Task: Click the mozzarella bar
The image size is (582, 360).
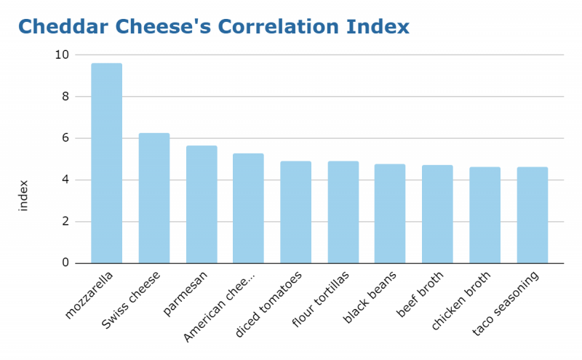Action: [106, 163]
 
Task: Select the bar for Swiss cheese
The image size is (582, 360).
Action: [154, 198]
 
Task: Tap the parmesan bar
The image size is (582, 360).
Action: [202, 204]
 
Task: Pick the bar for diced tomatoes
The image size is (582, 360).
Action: [295, 212]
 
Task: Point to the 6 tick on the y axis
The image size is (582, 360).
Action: [65, 138]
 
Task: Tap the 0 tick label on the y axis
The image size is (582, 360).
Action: [65, 263]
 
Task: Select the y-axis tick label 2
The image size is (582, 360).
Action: [65, 222]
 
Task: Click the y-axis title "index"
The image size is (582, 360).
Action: [23, 195]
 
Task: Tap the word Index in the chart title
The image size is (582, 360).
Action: [378, 27]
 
